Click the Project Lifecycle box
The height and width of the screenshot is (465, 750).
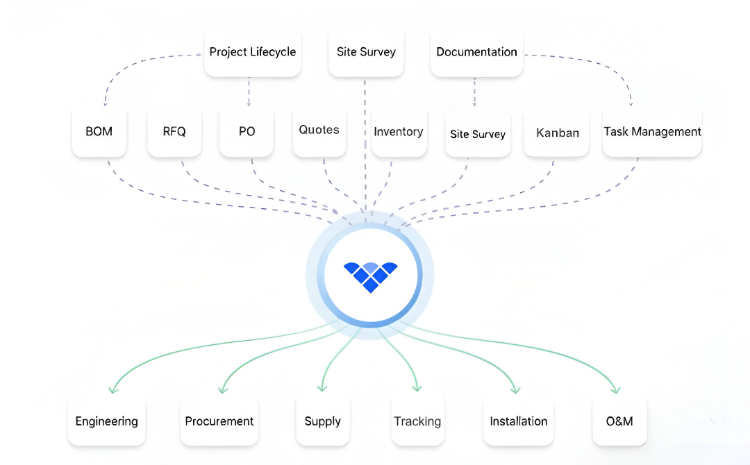coord(252,52)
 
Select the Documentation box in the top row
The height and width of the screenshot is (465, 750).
coord(476,52)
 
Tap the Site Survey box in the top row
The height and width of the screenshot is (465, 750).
coord(366,52)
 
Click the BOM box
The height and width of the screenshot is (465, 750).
coord(99,131)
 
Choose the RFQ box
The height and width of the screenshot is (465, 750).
coord(174,131)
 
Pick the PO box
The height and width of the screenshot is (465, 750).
coord(247,131)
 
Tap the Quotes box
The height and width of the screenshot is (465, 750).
coord(319,130)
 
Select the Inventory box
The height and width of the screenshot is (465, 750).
coord(399,132)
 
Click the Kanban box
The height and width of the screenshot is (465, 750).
coord(558,133)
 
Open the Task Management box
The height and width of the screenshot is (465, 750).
coord(652,131)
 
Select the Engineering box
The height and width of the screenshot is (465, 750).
coord(106,421)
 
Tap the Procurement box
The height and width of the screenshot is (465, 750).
coord(219,421)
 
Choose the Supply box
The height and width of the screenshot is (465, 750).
coord(323,421)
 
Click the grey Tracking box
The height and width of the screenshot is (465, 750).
coord(417,421)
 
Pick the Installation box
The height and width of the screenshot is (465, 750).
coord(518,421)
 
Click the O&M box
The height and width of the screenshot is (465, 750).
coord(619,421)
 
